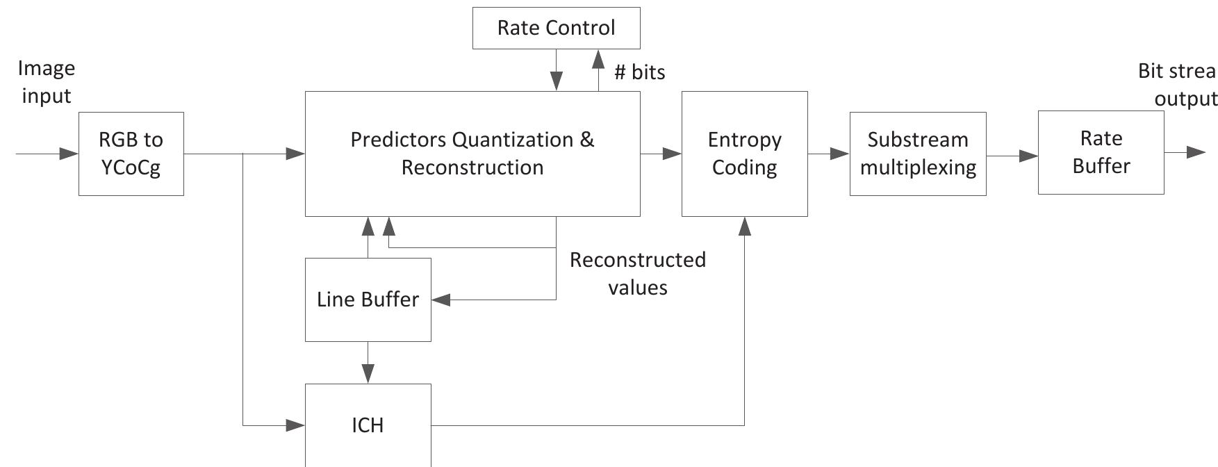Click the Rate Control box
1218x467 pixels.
[x=556, y=28]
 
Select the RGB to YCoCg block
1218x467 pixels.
[x=131, y=154]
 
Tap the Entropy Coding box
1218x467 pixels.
[x=744, y=154]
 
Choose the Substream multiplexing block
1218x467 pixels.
[x=917, y=154]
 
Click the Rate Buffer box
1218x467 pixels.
[x=1101, y=152]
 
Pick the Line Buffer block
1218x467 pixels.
[x=368, y=300]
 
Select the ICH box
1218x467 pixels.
[x=368, y=425]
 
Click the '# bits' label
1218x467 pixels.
[x=639, y=72]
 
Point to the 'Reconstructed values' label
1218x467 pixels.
[x=637, y=273]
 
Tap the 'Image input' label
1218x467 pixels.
[x=46, y=81]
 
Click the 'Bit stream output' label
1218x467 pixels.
[x=1177, y=84]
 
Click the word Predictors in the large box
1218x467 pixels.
[x=398, y=140]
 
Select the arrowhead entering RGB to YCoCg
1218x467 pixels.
[x=69, y=154]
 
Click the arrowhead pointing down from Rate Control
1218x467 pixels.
[x=556, y=81]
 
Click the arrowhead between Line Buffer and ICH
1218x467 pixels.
[x=368, y=373]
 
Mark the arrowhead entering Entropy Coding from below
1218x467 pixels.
[x=744, y=227]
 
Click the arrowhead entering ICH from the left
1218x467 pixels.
[x=295, y=425]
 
